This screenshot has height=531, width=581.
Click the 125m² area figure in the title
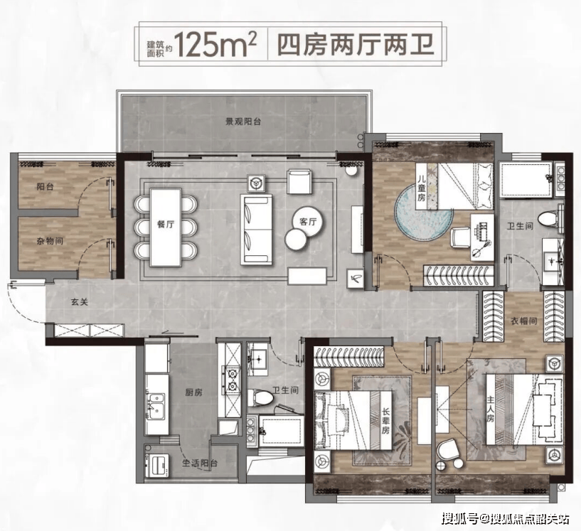click(x=215, y=45)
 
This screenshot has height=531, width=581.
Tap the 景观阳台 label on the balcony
click(x=243, y=122)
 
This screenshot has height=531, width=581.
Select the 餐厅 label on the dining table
click(x=166, y=224)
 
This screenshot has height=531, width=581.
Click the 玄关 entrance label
click(x=80, y=302)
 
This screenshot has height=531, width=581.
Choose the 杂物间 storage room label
click(x=50, y=242)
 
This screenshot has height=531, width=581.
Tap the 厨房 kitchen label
click(x=194, y=392)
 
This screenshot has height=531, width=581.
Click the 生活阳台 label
click(x=200, y=463)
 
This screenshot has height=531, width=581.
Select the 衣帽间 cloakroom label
click(x=524, y=321)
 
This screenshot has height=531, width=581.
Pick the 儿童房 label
click(x=421, y=188)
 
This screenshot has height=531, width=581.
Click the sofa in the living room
click(x=257, y=229)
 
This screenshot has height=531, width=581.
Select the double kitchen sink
click(x=156, y=406)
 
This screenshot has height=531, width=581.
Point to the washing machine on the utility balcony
click(x=158, y=465)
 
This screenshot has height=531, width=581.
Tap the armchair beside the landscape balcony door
click(x=299, y=182)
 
